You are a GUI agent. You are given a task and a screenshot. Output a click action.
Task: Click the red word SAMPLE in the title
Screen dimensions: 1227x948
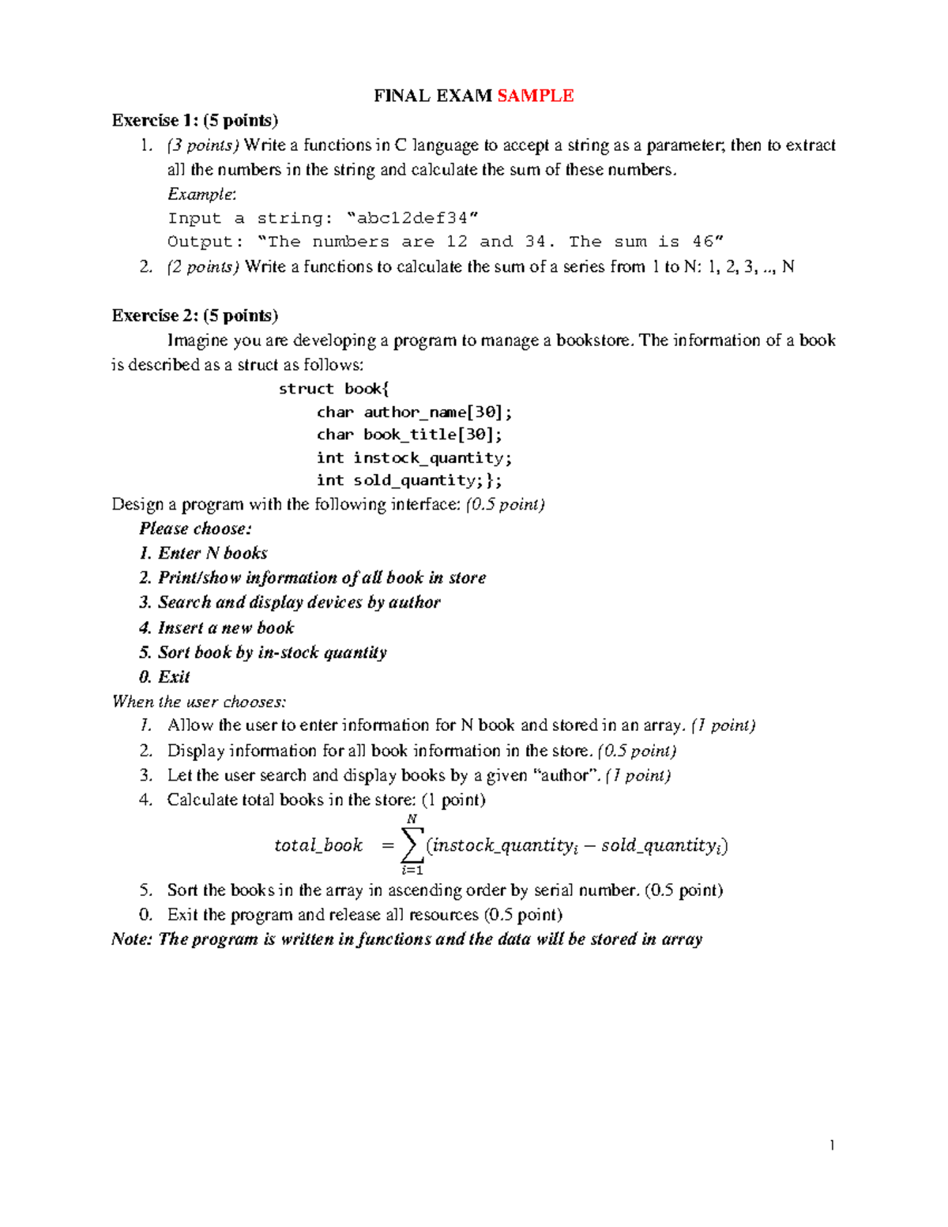coord(535,96)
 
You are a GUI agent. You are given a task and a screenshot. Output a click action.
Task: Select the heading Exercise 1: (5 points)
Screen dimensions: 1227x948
coord(194,120)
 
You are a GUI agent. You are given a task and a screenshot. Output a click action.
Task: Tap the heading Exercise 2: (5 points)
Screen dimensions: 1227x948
coord(194,315)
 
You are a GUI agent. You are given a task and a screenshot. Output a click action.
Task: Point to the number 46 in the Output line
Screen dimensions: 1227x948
coord(703,242)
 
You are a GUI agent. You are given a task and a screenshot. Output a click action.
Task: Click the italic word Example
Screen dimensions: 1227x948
coord(201,194)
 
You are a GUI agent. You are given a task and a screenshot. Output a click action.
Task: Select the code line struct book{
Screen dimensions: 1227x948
coord(333,389)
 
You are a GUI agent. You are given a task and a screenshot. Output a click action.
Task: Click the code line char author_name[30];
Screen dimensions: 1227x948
coord(414,412)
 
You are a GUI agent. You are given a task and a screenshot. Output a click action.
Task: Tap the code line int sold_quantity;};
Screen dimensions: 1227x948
coord(408,480)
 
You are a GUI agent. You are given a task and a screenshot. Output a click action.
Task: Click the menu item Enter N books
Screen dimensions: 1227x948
coord(212,553)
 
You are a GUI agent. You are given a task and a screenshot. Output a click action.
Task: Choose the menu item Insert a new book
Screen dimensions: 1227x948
coord(225,627)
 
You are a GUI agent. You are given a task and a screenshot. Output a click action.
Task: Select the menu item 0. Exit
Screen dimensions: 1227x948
coord(164,676)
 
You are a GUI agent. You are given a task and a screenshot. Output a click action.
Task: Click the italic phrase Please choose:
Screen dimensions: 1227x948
coord(195,529)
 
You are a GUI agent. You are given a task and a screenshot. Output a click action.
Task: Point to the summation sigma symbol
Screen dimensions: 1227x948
coord(412,845)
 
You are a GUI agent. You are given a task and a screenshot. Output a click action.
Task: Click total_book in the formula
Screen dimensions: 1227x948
coord(318,845)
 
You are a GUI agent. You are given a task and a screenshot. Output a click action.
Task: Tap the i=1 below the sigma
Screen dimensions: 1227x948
coord(412,870)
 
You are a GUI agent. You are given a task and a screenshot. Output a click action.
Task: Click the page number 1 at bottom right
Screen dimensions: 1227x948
coord(832,1145)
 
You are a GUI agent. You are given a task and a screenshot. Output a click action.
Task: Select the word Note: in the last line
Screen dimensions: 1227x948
coord(131,939)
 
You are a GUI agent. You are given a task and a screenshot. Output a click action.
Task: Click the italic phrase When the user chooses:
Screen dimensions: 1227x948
coord(198,701)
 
